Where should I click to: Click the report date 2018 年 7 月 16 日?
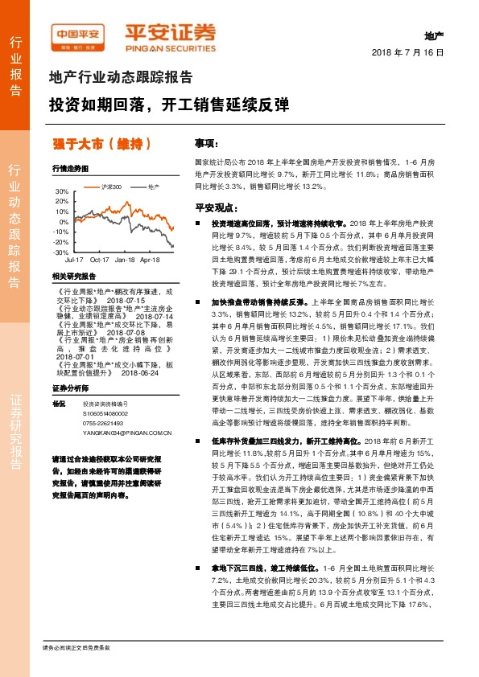408,51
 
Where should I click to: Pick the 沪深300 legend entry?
112,187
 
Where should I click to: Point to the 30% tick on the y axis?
62,191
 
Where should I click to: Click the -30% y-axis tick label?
60,252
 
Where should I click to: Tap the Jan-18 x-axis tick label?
125,261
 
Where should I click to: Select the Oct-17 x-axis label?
99,261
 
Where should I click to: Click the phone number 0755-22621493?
103,423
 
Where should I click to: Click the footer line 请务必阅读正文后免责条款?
76,647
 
